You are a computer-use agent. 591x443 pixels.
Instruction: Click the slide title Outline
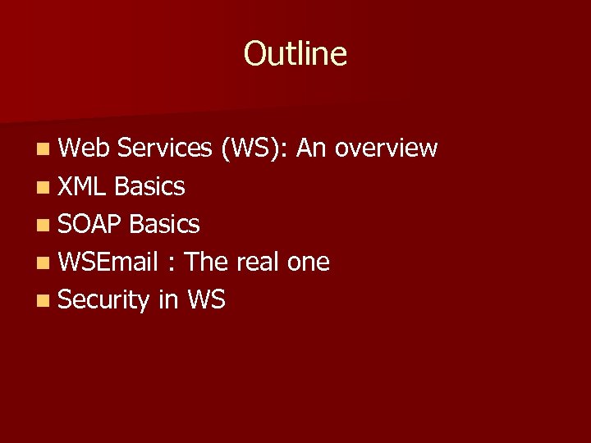click(x=295, y=54)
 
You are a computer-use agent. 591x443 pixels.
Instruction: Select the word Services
click(x=164, y=148)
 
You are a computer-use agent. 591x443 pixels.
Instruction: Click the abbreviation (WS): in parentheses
click(x=254, y=148)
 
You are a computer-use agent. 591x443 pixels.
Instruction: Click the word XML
click(x=83, y=187)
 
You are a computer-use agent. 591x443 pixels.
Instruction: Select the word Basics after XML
click(x=149, y=187)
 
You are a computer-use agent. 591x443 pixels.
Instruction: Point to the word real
click(x=258, y=263)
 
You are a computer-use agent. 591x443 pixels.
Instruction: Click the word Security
click(x=103, y=301)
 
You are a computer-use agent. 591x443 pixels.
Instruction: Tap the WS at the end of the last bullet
click(x=206, y=300)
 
